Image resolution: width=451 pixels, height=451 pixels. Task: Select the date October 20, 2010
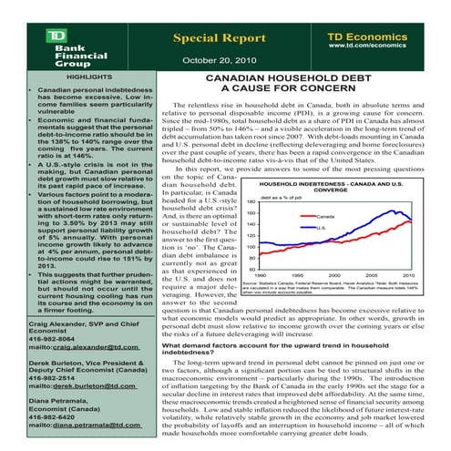click(x=217, y=62)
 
